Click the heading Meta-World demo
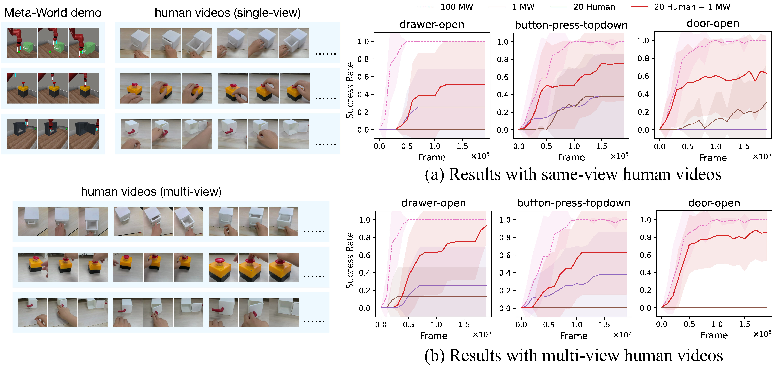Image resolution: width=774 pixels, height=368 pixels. click(53, 13)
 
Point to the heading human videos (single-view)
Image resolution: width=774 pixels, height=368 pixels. click(227, 13)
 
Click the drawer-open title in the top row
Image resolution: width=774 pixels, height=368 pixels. click(432, 24)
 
